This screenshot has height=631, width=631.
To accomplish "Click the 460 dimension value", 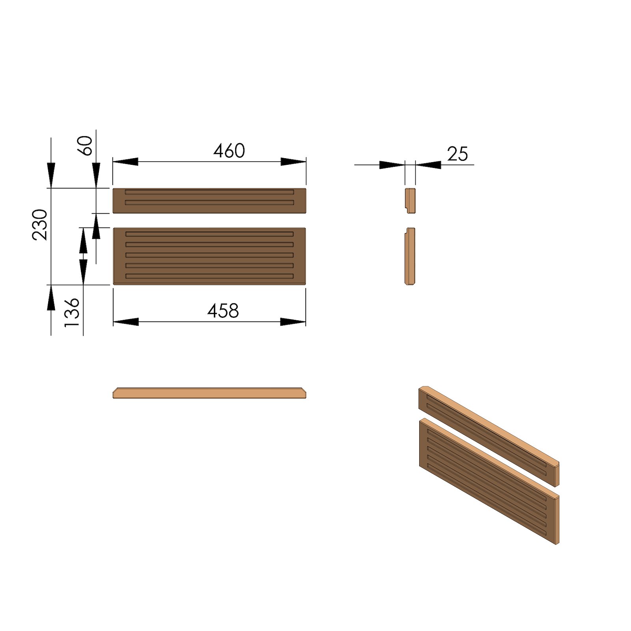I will point(229,151).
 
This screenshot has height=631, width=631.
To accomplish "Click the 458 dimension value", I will point(223,311).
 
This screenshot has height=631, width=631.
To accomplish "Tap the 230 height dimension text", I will point(40,224).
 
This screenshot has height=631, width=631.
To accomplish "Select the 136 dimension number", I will point(72,312).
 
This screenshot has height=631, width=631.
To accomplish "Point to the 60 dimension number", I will point(86,146).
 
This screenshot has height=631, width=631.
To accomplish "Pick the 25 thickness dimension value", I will point(457,154).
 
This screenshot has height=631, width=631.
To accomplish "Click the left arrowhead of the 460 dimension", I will point(125,162).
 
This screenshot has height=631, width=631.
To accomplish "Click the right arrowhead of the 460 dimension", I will point(293,162).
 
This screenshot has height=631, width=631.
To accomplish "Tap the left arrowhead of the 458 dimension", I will point(126,322).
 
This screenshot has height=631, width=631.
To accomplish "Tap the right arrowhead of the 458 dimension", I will point(293,322).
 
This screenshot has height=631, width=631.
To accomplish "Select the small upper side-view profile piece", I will point(410,200).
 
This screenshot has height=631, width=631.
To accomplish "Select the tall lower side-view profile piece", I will point(410,256).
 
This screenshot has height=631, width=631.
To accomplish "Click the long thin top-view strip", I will point(209,393).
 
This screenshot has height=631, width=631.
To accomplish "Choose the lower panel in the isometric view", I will point(489,481).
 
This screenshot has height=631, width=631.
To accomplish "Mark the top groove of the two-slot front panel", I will point(209,192).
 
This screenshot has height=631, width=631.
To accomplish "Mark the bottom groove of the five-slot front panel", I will point(209,276).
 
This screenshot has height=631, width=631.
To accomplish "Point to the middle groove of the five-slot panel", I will point(209,255).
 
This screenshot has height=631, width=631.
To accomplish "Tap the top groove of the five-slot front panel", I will point(209,234).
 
